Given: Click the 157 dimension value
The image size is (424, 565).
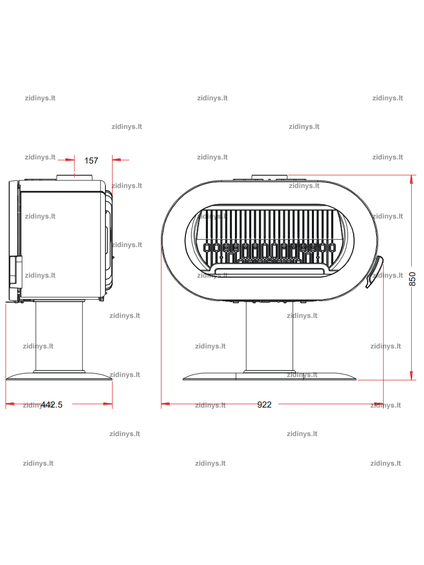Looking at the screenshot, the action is pos(91,160).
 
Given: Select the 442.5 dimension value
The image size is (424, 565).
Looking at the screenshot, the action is pos(51,405).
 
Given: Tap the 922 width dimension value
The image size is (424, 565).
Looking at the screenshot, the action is pos(264,405).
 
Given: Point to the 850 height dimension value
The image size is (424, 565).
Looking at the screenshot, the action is pos(412,279).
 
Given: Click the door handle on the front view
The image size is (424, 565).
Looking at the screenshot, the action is pos(374,272).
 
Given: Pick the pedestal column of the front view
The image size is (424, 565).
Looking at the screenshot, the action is pos(269,337).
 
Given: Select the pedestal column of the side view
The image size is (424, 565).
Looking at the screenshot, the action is pos(59,336).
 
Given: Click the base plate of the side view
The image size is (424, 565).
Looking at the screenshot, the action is pos(59,376).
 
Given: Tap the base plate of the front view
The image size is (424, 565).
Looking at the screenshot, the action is pos(269,376).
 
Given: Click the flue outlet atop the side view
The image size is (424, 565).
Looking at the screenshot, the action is pos(74,177).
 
